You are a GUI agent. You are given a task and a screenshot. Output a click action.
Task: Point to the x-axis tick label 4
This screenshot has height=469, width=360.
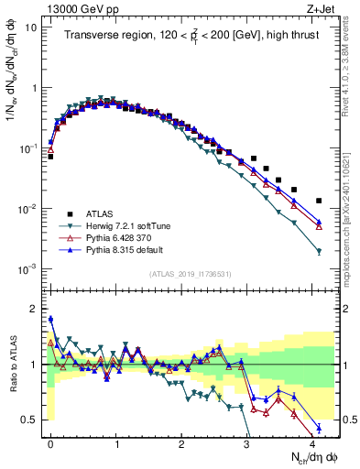click(x=312, y=442)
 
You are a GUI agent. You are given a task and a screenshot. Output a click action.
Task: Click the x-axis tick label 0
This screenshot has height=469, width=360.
click(x=50, y=442)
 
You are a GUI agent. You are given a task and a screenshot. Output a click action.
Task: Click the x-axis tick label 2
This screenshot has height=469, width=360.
click(x=181, y=442)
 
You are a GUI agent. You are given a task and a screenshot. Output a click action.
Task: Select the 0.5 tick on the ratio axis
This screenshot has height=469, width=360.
click(x=30, y=420)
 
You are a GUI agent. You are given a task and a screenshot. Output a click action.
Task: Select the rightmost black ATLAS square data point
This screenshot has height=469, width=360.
click(x=319, y=201)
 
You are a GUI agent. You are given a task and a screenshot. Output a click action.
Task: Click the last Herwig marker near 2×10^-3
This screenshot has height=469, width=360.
click(x=319, y=251)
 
